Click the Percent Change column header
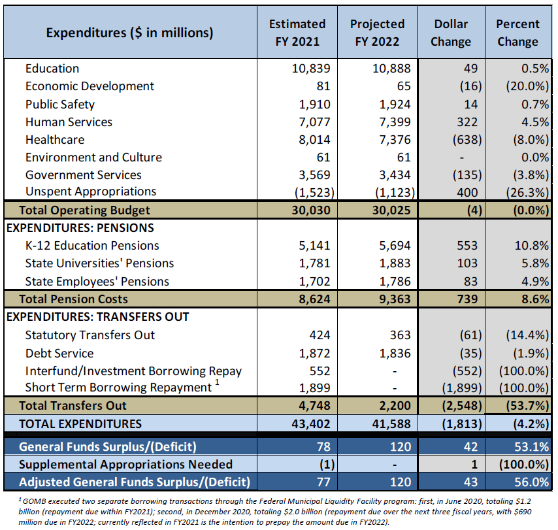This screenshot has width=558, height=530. click(517, 33)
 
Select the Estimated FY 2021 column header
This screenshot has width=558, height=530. click(297, 33)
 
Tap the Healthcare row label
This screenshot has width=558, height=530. click(55, 140)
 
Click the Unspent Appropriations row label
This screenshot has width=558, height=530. click(91, 191)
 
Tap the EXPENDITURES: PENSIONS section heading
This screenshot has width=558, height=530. click(80, 228)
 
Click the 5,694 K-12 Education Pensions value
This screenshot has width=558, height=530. click(394, 246)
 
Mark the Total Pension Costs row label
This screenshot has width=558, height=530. click(74, 299)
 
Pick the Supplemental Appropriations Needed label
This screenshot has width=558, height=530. click(126, 465)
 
